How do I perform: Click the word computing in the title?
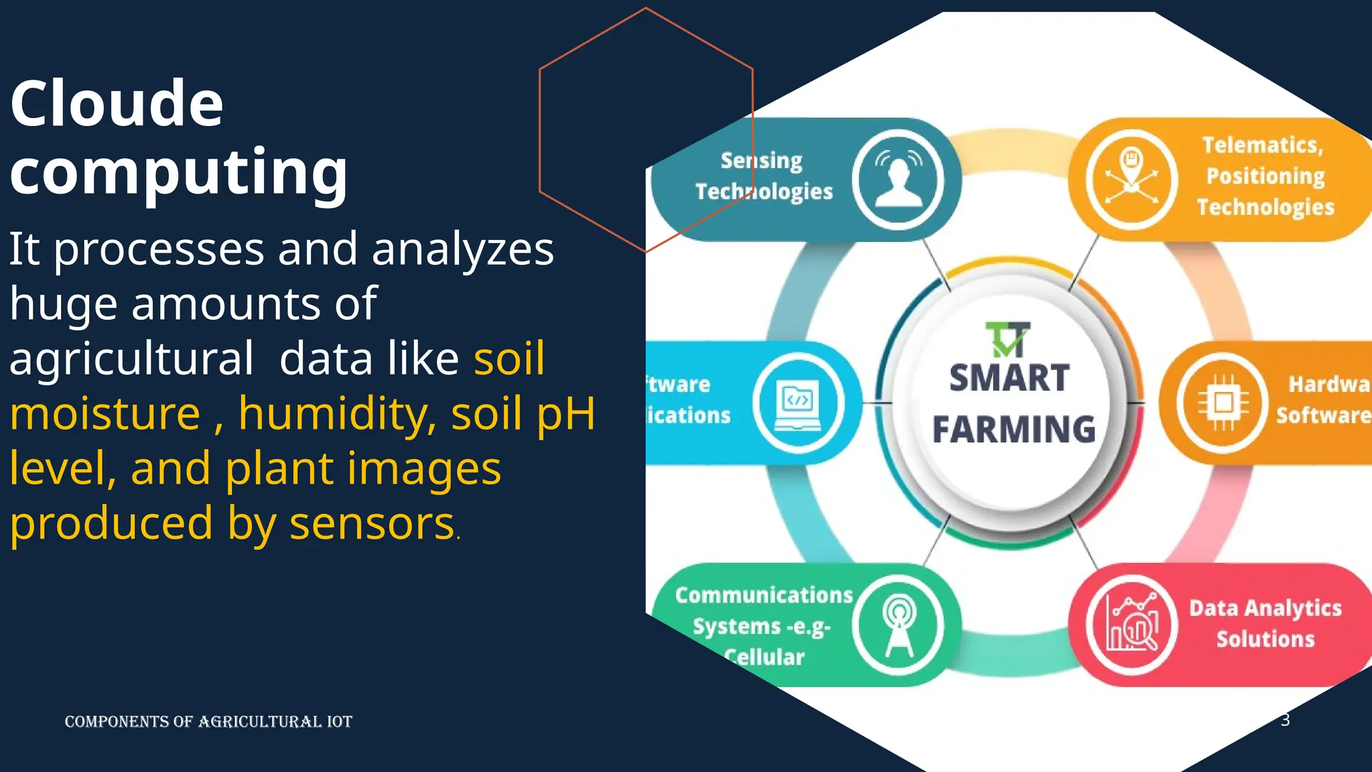click(x=179, y=172)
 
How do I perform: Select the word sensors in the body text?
click(x=372, y=523)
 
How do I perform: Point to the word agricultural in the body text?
click(x=131, y=359)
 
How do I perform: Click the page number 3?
click(x=1285, y=720)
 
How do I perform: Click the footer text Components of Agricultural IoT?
click(x=208, y=722)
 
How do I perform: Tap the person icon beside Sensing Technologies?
click(x=898, y=179)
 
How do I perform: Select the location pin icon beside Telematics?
click(x=1131, y=179)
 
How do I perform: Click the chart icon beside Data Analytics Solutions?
click(x=1131, y=626)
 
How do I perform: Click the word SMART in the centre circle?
click(x=1009, y=379)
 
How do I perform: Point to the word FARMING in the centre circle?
click(x=1014, y=430)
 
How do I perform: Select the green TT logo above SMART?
click(x=1008, y=340)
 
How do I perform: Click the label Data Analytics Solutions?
click(x=1265, y=623)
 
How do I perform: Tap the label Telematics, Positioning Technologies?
click(x=1265, y=176)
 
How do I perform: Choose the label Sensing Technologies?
click(x=763, y=176)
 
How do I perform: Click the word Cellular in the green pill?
click(x=764, y=657)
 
